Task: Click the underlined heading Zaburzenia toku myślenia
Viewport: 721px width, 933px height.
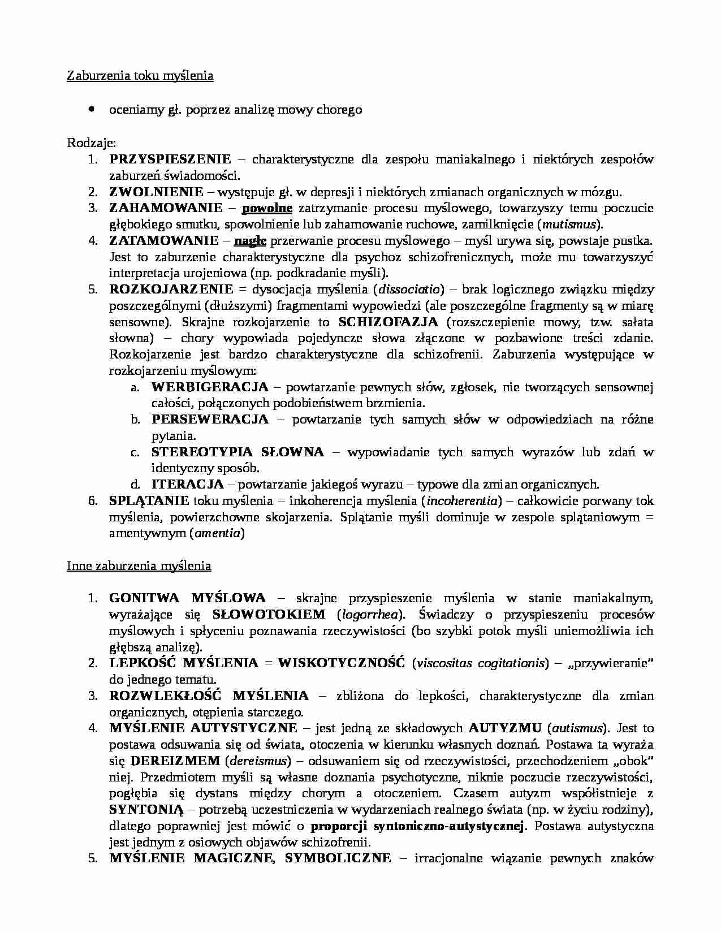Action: pyautogui.click(x=140, y=76)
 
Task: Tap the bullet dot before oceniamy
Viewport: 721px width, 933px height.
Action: pyautogui.click(x=91, y=109)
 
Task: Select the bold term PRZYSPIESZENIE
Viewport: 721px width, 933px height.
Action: pyautogui.click(x=170, y=159)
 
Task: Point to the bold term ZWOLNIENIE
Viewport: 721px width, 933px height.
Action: pyautogui.click(x=156, y=192)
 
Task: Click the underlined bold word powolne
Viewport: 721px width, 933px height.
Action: pyautogui.click(x=267, y=208)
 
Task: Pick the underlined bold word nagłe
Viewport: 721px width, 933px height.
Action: pyautogui.click(x=250, y=241)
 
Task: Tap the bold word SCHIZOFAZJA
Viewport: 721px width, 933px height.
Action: pyautogui.click(x=388, y=322)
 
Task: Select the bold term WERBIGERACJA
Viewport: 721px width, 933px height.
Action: pyautogui.click(x=210, y=387)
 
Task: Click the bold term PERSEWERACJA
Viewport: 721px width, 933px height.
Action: pyautogui.click(x=210, y=420)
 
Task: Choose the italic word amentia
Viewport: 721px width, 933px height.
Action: pyautogui.click(x=218, y=533)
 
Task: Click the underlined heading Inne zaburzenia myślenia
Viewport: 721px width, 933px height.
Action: pyautogui.click(x=139, y=566)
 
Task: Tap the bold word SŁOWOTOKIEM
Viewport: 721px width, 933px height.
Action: pyautogui.click(x=269, y=615)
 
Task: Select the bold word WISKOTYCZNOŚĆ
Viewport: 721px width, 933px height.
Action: pyautogui.click(x=341, y=663)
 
